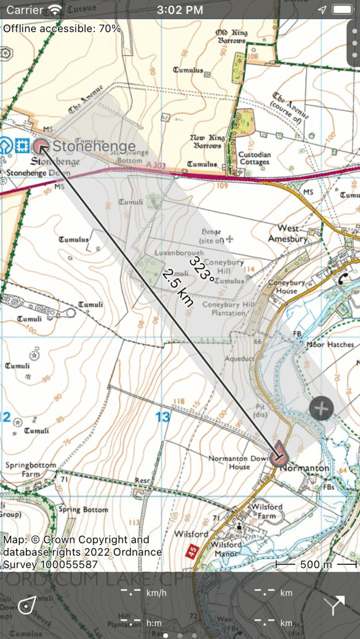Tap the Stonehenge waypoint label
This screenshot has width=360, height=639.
click(93, 147)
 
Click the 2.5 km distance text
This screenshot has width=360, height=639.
click(177, 287)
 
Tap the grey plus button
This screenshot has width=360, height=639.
click(321, 408)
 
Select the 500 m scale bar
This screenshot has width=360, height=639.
click(316, 564)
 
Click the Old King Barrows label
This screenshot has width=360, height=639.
click(231, 37)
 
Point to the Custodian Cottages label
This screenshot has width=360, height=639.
click(255, 159)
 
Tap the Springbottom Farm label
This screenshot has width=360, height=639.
click(30, 470)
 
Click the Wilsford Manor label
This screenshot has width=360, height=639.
click(227, 548)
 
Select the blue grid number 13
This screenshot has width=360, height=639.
click(163, 417)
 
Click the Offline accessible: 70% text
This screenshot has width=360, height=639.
click(62, 28)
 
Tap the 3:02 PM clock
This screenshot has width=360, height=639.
click(180, 10)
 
